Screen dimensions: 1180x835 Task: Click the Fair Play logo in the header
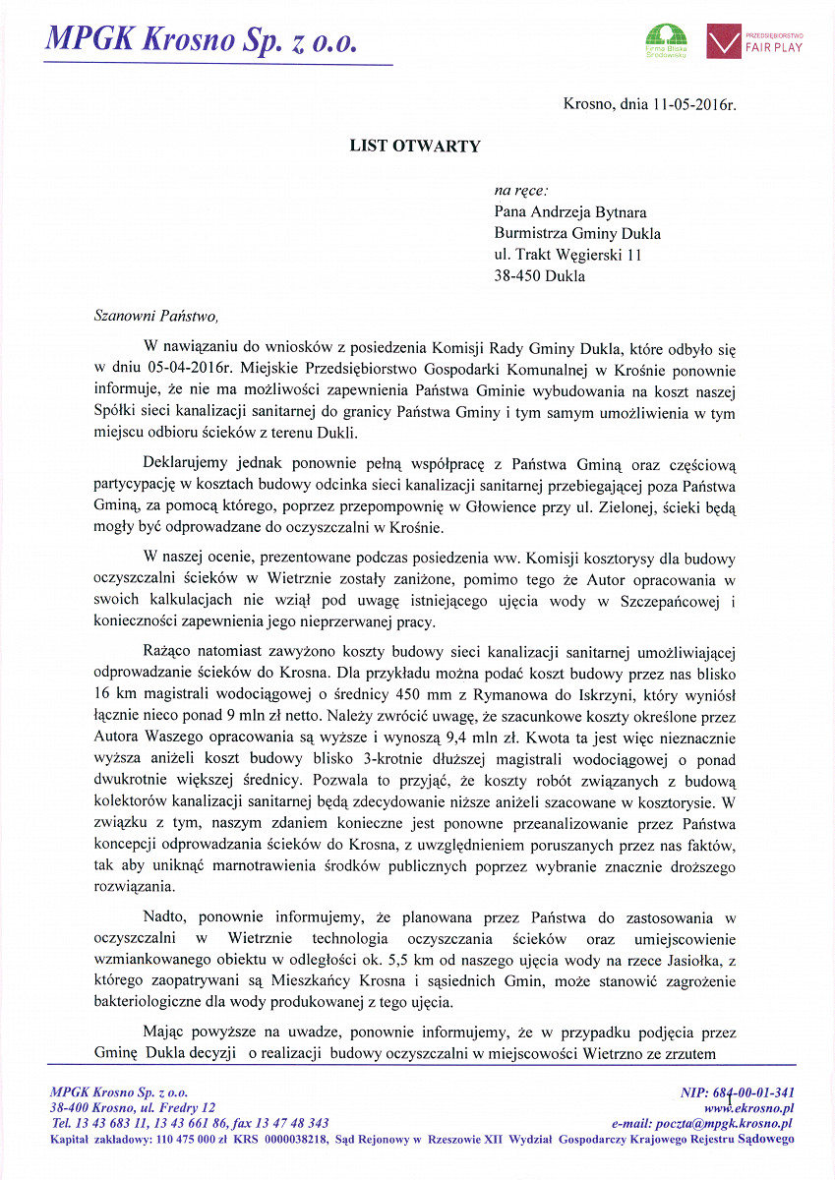(x=755, y=42)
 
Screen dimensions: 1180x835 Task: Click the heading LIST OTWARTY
(x=415, y=147)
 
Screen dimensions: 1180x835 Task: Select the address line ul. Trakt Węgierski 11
(x=567, y=255)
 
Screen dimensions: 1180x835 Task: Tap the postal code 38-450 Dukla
(x=539, y=276)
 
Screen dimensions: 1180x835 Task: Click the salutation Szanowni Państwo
(x=151, y=316)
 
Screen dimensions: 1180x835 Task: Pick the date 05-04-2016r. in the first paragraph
(x=175, y=369)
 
